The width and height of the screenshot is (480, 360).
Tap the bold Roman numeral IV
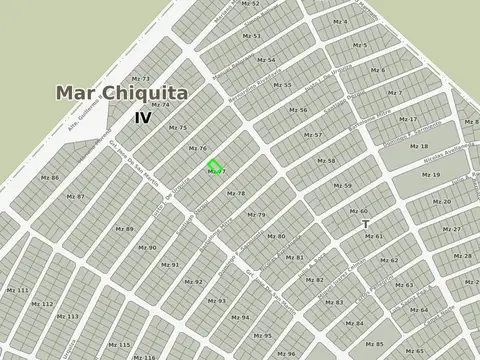(144, 117)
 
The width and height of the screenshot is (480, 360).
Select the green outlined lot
(214, 165)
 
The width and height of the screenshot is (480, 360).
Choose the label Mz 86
(49, 177)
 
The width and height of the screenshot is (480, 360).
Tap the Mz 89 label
(124, 229)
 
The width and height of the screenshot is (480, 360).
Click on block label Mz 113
(68, 316)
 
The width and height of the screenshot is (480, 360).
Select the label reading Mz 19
(431, 175)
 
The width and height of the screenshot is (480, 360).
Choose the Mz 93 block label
(216, 300)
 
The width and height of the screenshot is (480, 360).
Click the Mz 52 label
(252, 19)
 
